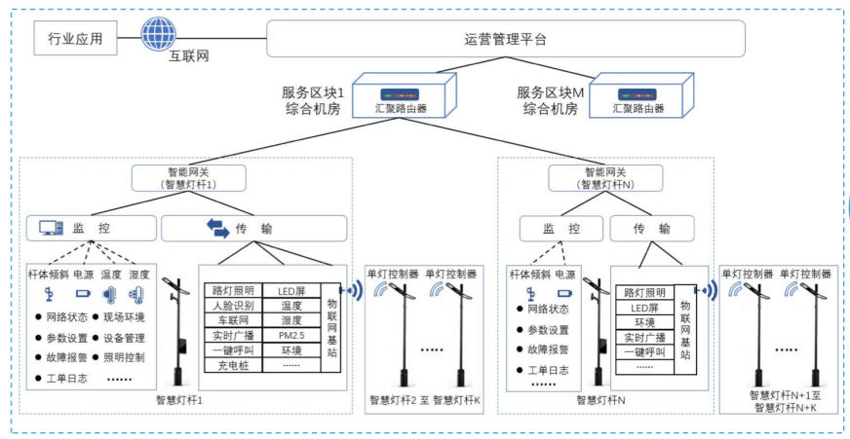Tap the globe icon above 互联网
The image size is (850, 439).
(159, 33)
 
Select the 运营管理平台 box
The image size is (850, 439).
(505, 40)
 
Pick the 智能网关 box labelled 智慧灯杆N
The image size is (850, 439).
(604, 177)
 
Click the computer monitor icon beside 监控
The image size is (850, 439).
(52, 229)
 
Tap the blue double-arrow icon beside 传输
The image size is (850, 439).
(216, 229)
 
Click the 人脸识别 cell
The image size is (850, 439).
(233, 305)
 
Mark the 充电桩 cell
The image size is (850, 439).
(233, 365)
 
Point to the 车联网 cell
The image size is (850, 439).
(233, 319)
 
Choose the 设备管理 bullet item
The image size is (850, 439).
(124, 338)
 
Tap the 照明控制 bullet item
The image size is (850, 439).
(124, 357)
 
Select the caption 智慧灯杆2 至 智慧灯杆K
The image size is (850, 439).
(424, 400)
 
